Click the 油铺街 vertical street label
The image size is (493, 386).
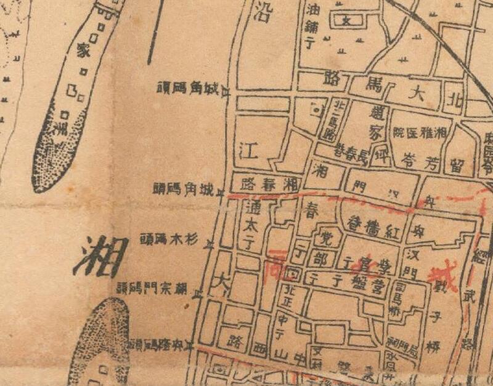click(x=311, y=27)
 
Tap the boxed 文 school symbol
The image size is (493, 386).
click(x=346, y=20)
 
